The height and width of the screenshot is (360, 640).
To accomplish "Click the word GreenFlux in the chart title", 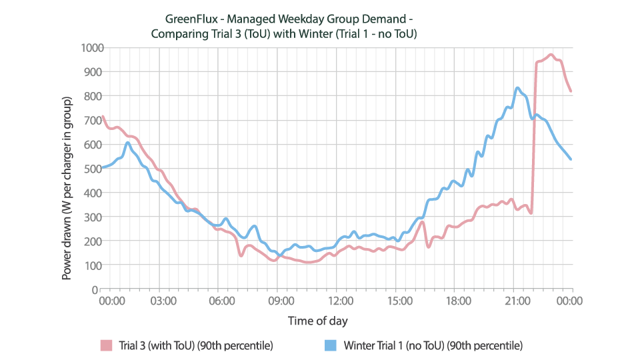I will point(188,19).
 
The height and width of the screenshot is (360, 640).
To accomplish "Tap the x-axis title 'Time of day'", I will point(317,321).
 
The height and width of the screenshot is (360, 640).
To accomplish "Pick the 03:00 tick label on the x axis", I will point(163,301).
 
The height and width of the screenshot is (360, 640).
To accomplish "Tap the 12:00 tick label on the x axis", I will point(340,301).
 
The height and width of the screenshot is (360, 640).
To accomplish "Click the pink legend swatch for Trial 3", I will point(106,345).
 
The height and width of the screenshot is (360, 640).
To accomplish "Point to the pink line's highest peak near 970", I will point(551,55).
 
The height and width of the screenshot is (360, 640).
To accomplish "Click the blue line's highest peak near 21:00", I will point(517,88).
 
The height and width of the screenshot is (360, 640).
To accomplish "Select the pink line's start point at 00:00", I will point(101,117).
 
